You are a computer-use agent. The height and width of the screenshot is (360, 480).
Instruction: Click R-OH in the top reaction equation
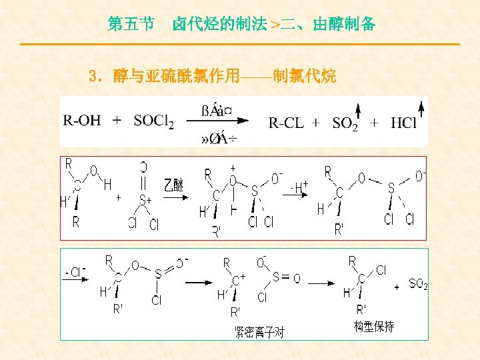click(x=82, y=121)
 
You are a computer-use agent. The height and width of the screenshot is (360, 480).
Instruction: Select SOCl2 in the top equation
click(x=153, y=121)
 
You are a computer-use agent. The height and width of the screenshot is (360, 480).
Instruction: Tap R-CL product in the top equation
click(x=287, y=123)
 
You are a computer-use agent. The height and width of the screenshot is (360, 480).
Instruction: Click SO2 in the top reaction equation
click(x=345, y=123)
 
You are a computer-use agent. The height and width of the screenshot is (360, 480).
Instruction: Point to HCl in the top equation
click(x=404, y=123)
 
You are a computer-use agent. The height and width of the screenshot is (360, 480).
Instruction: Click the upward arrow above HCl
click(x=421, y=107)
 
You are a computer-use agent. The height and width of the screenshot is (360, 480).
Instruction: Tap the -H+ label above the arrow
click(x=299, y=184)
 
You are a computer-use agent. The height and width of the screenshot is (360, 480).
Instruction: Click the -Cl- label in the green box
click(x=76, y=272)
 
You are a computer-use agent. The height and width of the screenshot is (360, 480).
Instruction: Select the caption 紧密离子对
click(x=259, y=332)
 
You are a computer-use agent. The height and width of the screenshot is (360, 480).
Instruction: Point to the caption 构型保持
click(x=373, y=327)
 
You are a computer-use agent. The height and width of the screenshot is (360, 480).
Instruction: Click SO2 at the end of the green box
click(x=418, y=285)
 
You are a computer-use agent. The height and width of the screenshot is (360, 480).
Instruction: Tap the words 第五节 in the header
click(x=131, y=25)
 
